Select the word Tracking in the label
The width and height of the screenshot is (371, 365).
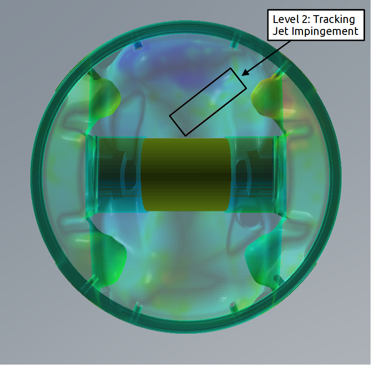[334, 20]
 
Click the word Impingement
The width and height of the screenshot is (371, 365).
[325, 32]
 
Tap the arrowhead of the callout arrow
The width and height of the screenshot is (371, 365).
[245, 73]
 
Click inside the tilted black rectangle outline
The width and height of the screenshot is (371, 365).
[208, 102]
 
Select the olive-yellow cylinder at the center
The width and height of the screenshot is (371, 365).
[186, 175]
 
